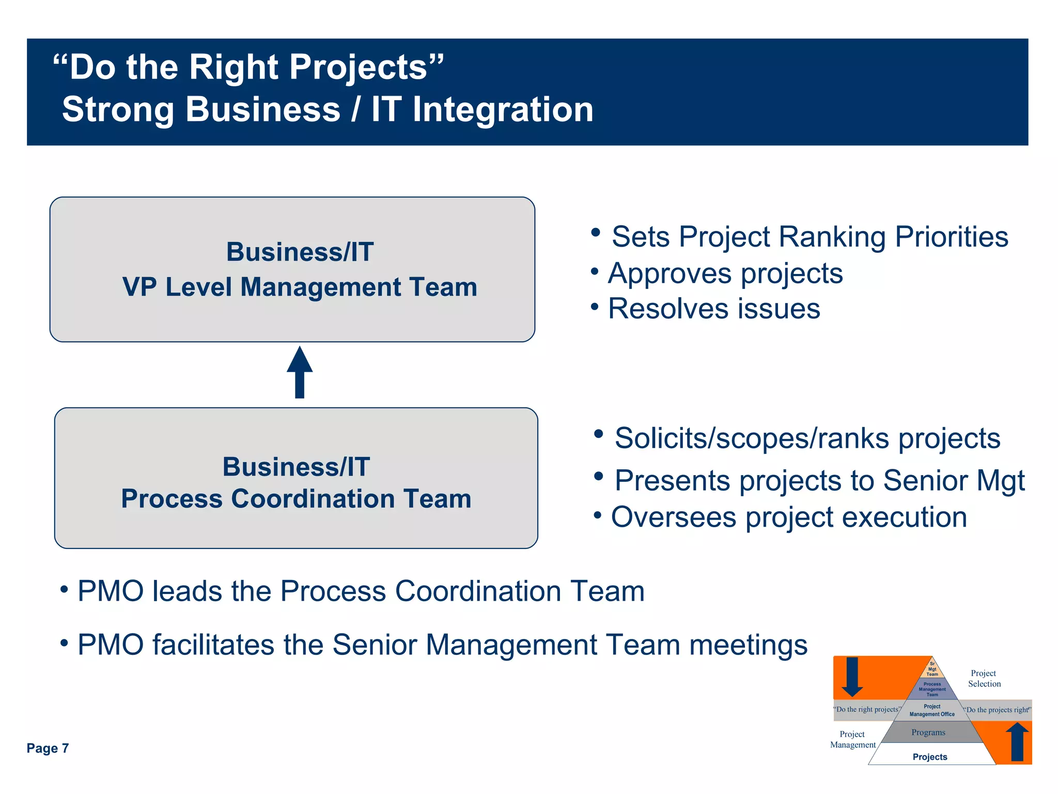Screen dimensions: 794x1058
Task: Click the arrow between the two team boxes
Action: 300,372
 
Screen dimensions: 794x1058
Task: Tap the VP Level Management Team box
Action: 292,269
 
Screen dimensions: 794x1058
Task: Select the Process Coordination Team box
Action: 296,478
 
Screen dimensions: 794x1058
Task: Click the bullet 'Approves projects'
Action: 725,273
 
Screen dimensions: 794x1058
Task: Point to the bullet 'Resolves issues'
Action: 713,309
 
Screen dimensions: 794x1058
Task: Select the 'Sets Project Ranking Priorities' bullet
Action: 809,237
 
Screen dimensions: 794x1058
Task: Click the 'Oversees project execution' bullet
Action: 788,517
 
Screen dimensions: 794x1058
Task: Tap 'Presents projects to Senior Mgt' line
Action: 819,480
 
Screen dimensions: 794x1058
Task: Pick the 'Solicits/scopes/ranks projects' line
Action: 807,438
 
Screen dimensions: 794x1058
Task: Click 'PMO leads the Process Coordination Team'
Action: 361,591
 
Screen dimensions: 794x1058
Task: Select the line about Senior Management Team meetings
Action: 442,645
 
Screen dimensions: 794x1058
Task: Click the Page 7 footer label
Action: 48,748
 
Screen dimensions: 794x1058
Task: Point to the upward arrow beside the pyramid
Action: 1017,741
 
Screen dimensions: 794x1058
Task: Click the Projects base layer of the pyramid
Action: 930,757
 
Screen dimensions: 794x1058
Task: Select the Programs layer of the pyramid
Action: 928,732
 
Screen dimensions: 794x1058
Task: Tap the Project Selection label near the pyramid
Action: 984,678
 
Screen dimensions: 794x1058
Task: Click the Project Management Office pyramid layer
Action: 932,710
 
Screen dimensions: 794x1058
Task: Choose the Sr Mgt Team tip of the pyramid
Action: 932,669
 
